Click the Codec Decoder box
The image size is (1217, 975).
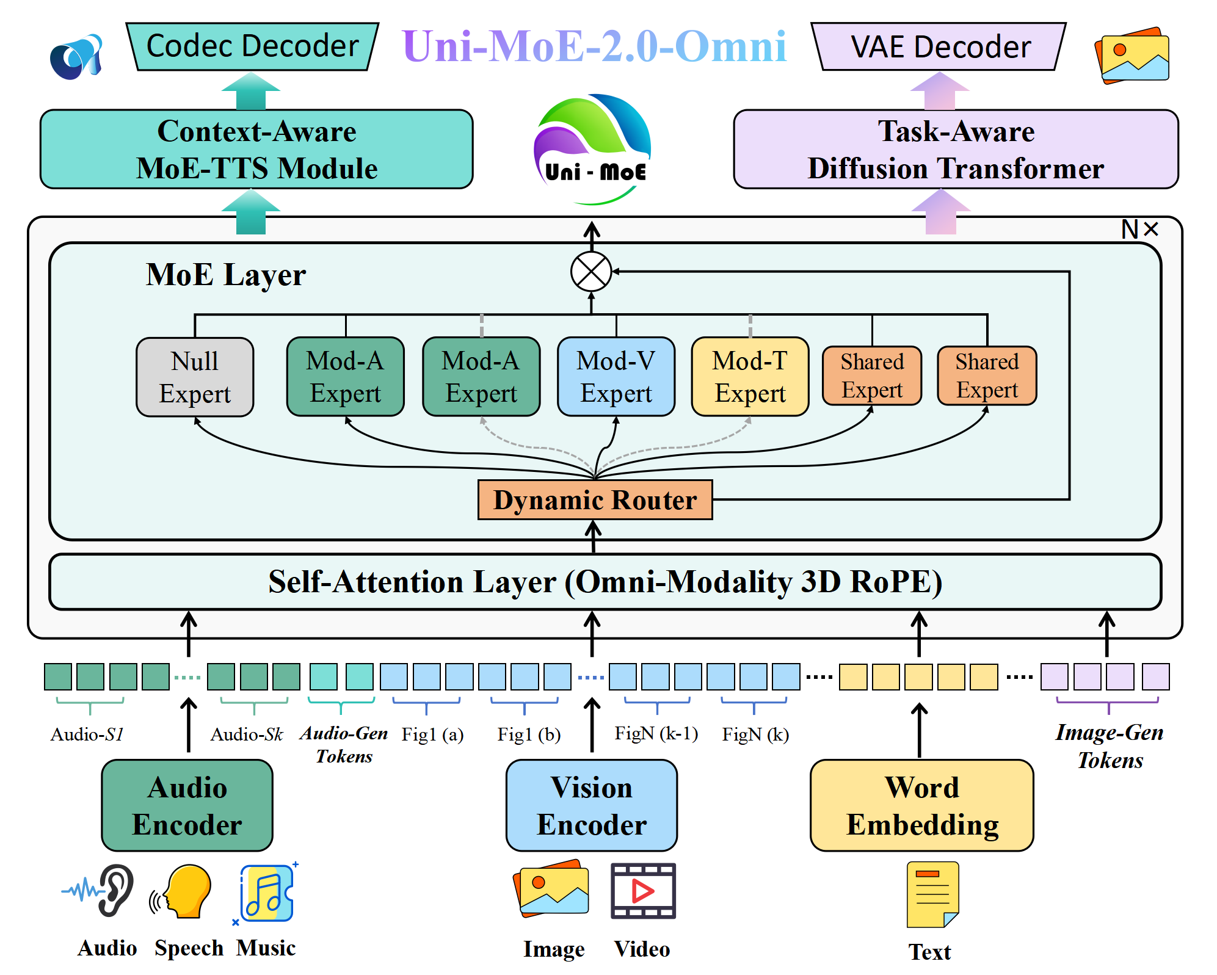252,46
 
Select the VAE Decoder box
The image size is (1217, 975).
939,46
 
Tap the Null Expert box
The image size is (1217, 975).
195,377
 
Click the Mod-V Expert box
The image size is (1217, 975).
616,377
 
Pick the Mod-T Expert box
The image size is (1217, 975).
750,377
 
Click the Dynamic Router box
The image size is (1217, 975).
595,499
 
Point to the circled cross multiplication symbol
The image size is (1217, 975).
591,272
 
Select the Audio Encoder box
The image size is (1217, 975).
187,805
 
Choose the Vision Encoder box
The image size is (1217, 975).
592,805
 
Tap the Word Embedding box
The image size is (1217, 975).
922,805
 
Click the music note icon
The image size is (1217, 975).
267,893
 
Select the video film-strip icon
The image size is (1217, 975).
643,891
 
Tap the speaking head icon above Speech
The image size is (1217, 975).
181,891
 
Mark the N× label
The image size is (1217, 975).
1139,230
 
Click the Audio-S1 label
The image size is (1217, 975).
87,734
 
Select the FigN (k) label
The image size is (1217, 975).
755,734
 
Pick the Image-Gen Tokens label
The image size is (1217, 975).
1110,746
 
